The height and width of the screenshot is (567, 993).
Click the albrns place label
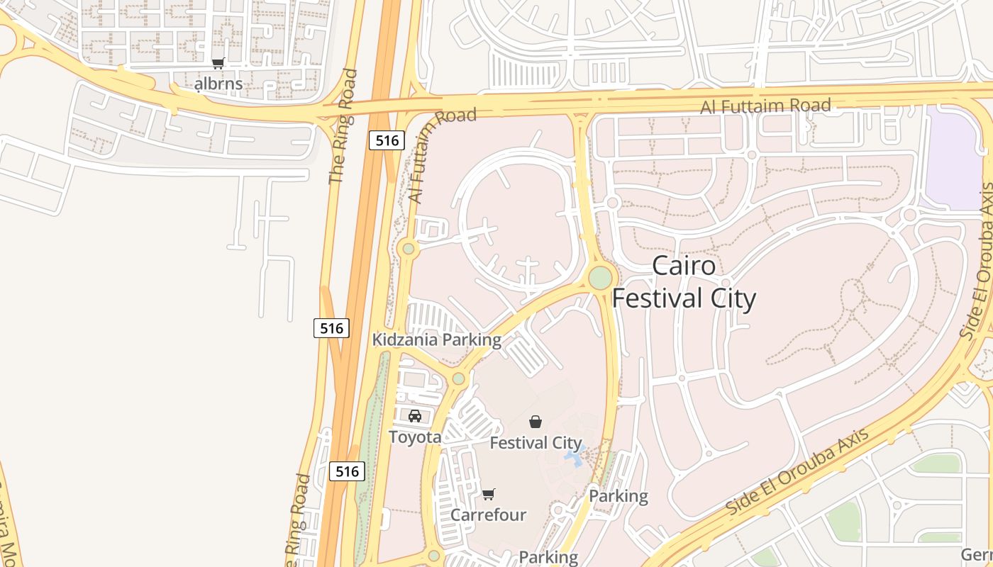[218, 84]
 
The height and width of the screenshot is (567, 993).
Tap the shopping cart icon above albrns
[218, 64]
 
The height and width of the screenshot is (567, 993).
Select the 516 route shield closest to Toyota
[348, 471]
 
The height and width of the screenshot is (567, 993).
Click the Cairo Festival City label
[684, 283]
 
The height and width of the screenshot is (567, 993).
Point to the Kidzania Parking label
[437, 340]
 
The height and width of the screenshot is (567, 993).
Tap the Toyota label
[415, 437]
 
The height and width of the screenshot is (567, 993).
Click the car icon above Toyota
[415, 416]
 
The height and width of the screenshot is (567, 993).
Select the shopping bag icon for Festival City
[536, 422]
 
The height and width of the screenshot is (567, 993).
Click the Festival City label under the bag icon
[536, 444]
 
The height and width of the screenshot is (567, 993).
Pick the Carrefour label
[488, 515]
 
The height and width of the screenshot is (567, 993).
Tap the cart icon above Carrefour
[488, 494]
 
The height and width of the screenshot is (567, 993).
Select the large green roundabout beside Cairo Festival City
[600, 277]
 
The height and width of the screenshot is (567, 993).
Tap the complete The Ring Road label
[343, 126]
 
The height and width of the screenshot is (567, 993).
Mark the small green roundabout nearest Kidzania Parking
[458, 378]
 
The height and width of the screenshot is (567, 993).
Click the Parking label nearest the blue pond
[618, 496]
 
